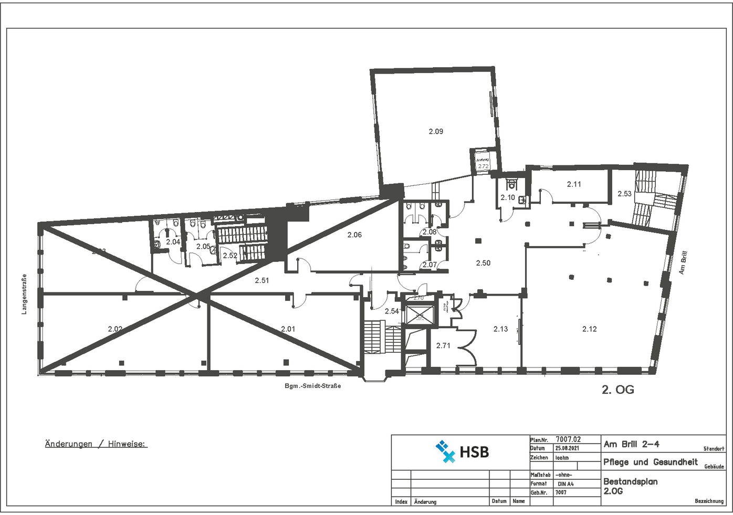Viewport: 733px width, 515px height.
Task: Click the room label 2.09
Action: tap(436, 131)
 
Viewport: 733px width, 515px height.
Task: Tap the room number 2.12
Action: tap(589, 329)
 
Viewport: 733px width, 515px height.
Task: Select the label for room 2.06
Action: tap(354, 235)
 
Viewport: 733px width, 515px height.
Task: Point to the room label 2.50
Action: tap(483, 263)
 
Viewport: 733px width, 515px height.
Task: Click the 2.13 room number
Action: tap(500, 329)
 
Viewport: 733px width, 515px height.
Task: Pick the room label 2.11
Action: tap(574, 184)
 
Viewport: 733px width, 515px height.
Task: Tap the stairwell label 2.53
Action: tap(624, 194)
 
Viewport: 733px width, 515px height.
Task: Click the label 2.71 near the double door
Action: tap(443, 345)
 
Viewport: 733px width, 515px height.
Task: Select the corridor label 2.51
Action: tap(262, 280)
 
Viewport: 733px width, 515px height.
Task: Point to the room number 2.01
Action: tap(288, 329)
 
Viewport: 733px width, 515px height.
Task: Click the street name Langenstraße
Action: tap(24, 294)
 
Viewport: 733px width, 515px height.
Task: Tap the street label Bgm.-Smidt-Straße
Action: tap(312, 386)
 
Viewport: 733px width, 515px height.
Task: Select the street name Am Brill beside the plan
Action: tap(683, 262)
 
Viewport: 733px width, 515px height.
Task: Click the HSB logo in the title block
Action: tap(462, 451)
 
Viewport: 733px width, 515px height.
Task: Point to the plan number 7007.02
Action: tap(568, 439)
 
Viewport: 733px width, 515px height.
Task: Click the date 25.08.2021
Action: tap(567, 448)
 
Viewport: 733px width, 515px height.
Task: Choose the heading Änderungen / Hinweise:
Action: tap(96, 444)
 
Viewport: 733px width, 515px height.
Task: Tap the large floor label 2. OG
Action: tap(617, 390)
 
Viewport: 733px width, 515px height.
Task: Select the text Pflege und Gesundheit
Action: tap(650, 462)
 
